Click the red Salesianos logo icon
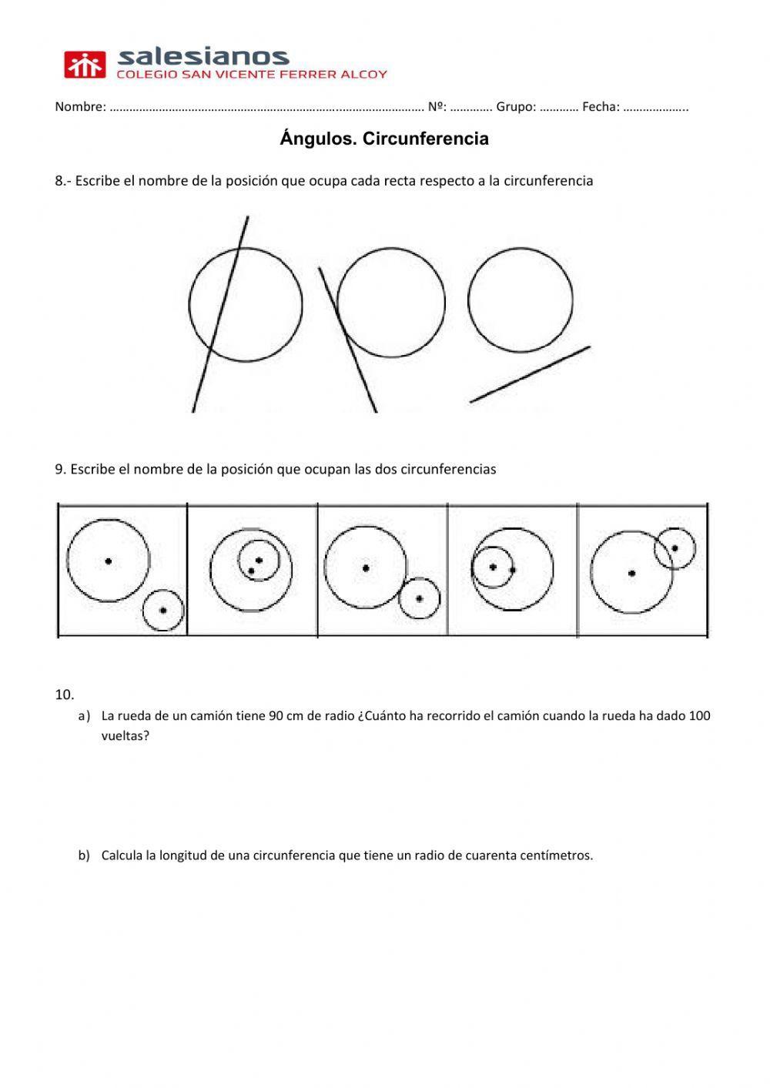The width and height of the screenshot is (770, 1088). (x=84, y=65)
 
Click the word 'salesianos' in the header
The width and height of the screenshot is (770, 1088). (x=203, y=56)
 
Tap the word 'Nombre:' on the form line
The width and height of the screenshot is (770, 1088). (x=80, y=107)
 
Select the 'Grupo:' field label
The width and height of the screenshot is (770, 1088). (x=515, y=107)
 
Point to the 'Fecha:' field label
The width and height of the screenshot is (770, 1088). (x=601, y=107)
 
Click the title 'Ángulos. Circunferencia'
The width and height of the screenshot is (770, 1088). (x=384, y=139)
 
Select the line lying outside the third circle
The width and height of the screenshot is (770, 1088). (x=530, y=374)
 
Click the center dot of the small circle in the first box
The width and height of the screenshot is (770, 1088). (x=163, y=611)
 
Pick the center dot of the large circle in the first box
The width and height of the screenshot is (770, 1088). (x=109, y=561)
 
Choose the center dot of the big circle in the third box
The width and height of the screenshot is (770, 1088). (x=366, y=568)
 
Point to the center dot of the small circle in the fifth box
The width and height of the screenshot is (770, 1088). (x=675, y=548)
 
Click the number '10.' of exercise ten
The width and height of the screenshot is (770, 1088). (x=65, y=695)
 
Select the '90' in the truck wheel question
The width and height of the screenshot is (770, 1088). (x=276, y=715)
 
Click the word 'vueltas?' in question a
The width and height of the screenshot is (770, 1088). (x=125, y=735)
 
